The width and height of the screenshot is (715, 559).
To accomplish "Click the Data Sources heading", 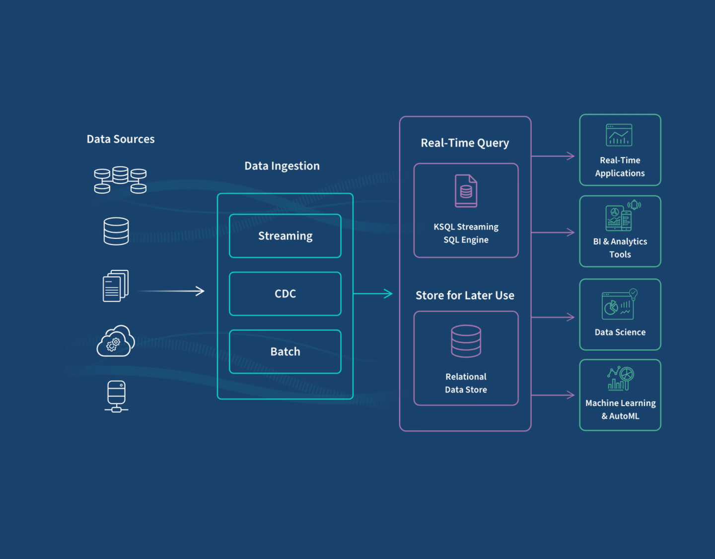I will point(121,139).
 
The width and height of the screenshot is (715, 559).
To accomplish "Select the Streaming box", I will point(285,236).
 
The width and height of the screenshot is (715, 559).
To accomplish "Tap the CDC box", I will point(285,294).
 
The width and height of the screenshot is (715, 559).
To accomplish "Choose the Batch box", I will point(285,352).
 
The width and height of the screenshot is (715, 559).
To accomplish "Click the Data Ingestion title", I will point(282,166).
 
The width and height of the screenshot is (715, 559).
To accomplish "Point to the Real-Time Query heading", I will point(465,143).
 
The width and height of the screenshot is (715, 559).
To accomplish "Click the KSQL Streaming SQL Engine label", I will point(466,233).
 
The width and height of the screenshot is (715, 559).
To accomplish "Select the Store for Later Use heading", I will point(465,296).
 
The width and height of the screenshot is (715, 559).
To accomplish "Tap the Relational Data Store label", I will point(466,383).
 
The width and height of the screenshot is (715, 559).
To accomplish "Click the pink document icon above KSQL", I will point(466,191).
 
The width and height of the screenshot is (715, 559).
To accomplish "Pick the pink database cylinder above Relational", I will point(466,341).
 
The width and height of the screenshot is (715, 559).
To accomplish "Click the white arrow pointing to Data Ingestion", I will point(172,291).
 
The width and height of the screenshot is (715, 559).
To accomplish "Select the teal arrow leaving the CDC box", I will point(373,294).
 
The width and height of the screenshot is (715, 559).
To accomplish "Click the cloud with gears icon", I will point(116,341).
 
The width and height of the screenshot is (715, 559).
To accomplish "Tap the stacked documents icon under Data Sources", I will point(116,286).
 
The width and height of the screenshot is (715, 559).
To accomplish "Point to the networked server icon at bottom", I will point(116,396).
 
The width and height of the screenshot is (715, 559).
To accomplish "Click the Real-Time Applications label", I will point(620,167).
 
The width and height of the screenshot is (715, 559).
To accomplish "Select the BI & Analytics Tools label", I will point(620,248).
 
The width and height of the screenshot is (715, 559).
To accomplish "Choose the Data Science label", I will point(620,332).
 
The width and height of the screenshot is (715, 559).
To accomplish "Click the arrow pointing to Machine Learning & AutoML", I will point(553,395).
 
